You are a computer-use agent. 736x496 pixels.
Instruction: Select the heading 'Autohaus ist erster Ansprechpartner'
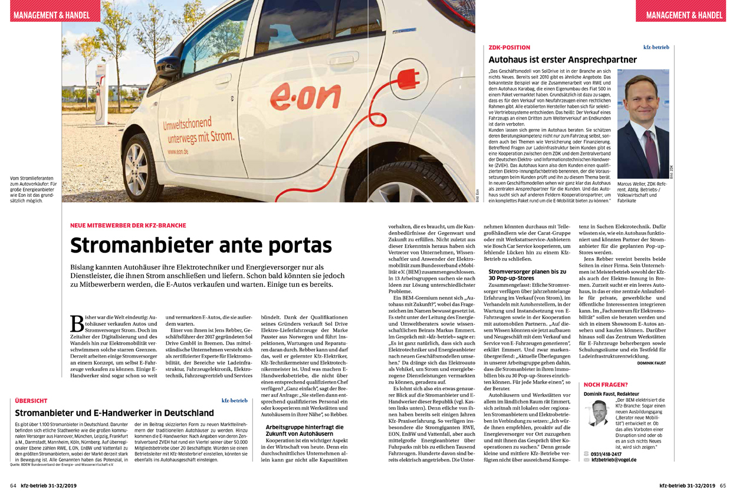pos(563,59)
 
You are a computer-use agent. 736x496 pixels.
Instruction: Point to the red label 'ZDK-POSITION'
pos(510,47)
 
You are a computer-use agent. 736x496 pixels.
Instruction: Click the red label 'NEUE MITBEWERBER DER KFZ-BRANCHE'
pos(128,226)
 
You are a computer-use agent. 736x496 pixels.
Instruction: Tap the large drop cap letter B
pos(77,323)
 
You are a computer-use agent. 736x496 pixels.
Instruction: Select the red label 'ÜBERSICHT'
pos(31,401)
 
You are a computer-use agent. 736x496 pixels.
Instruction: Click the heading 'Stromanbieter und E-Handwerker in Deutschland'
pos(114,413)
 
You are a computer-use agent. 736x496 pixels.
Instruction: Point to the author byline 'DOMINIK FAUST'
pos(651,363)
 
